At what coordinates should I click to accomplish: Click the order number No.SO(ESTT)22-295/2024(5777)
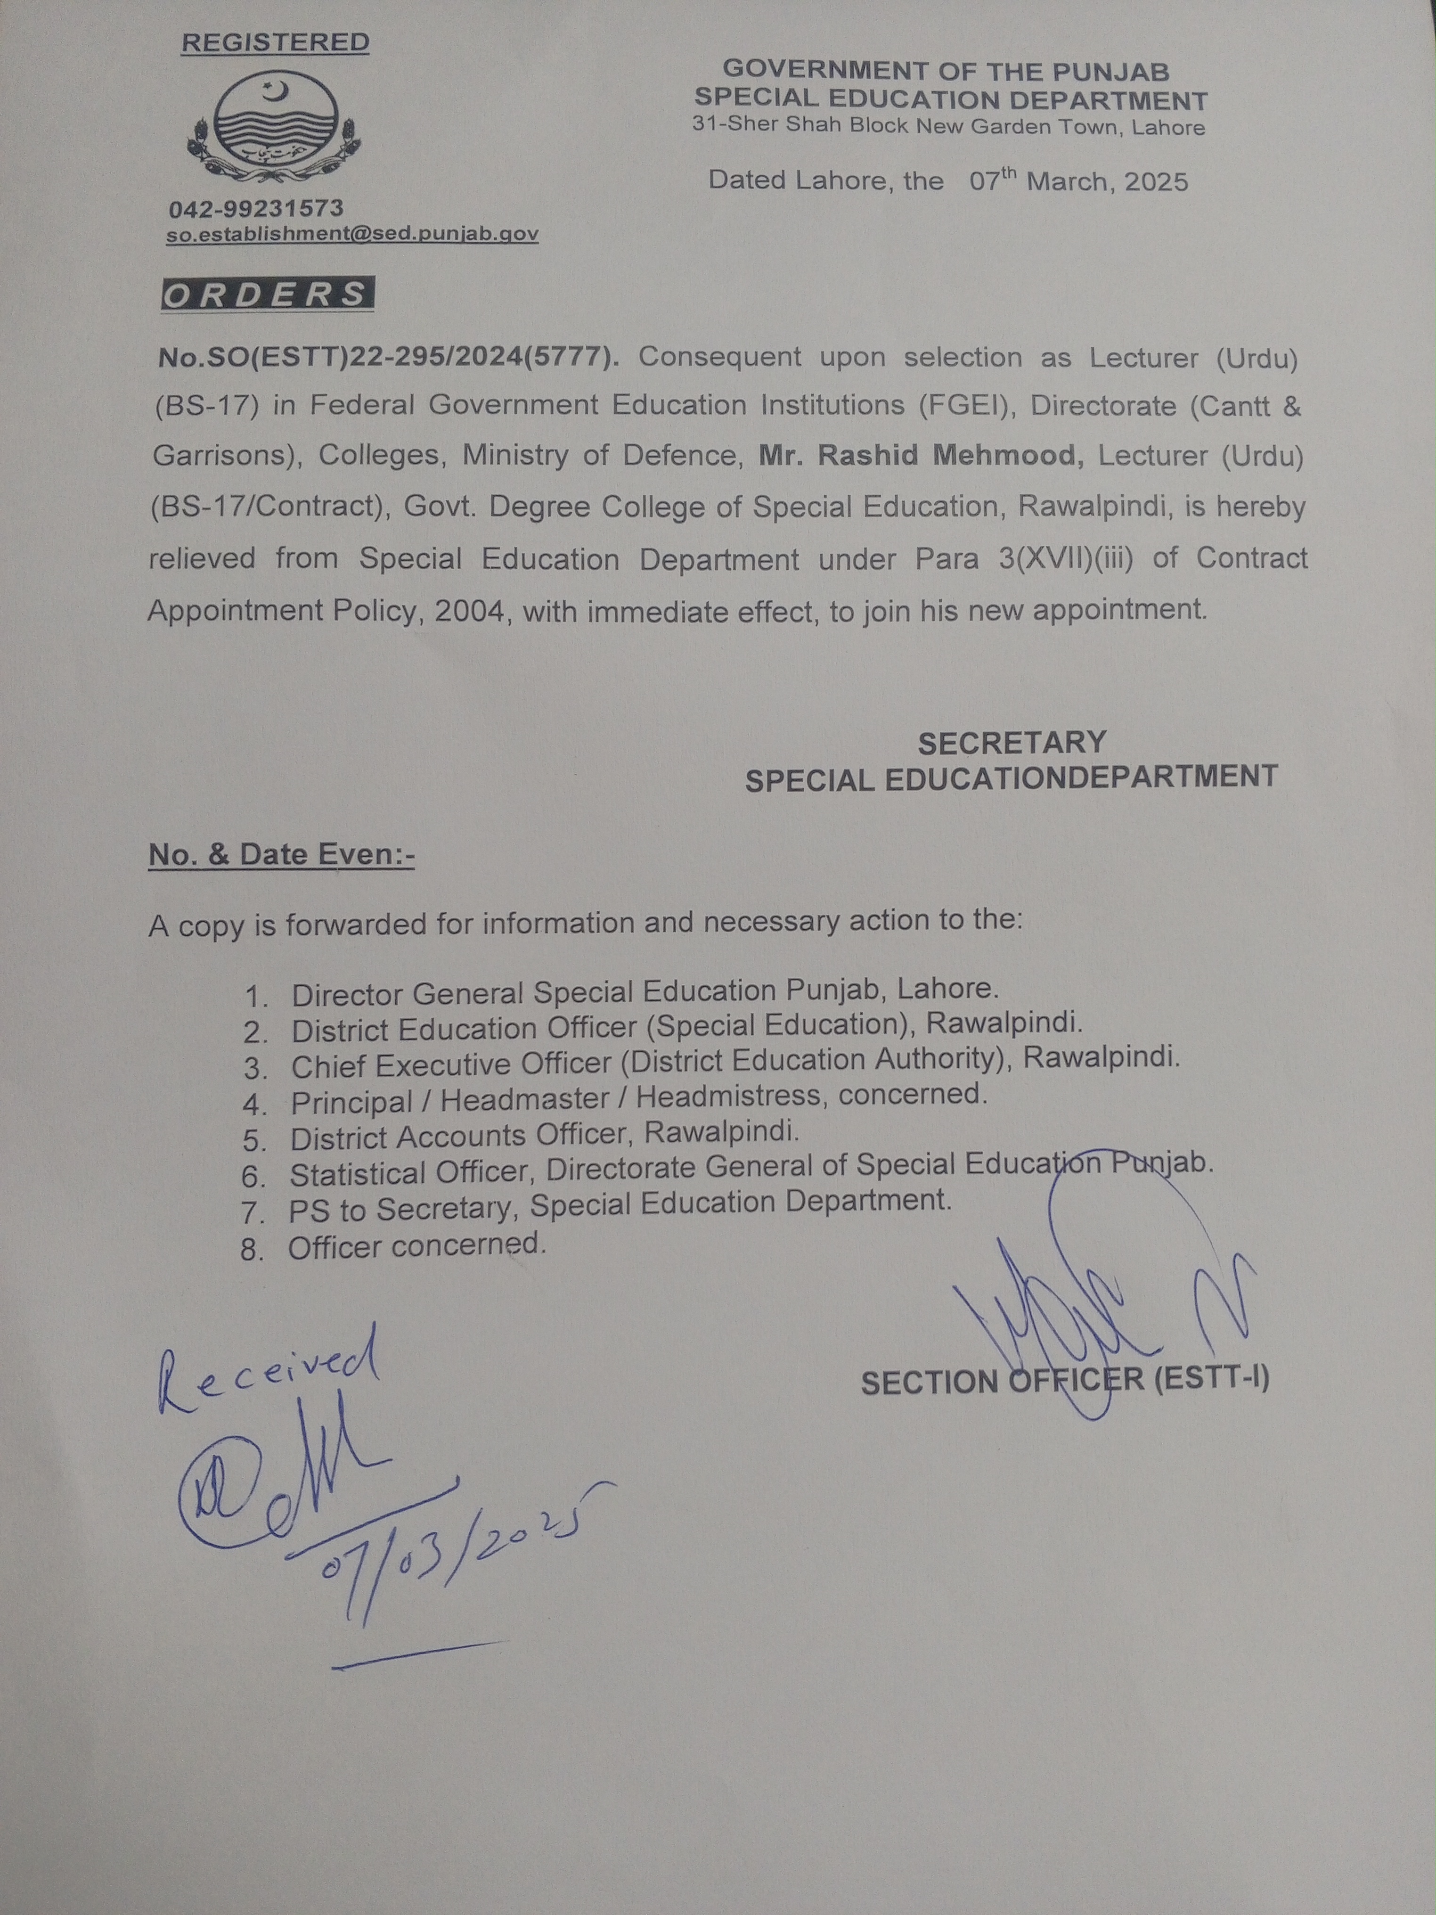(388, 358)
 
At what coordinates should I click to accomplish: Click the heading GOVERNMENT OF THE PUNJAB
(946, 70)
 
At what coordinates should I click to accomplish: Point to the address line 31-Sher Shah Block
(948, 126)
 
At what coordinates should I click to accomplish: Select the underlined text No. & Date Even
(281, 854)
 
